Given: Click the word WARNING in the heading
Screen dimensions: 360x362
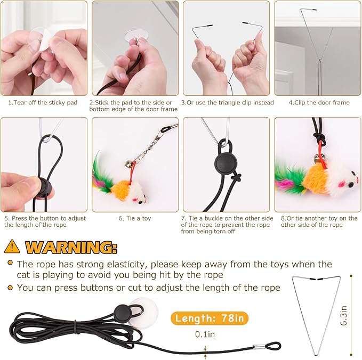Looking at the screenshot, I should point(71,247).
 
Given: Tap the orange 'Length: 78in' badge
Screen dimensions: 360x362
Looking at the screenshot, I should point(210,319).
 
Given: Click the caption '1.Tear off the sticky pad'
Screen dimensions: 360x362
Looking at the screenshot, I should point(42,102).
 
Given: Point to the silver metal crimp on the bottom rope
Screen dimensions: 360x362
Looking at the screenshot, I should point(258,347).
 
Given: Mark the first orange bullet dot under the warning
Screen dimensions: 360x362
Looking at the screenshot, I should point(10,264).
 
